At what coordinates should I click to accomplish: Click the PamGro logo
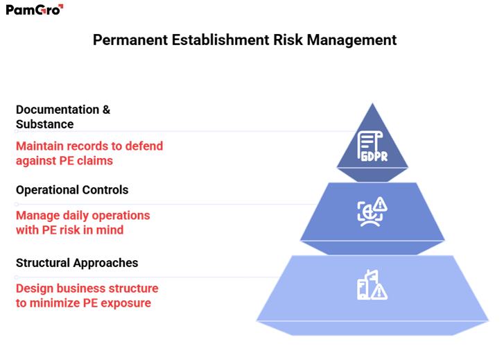click(x=35, y=10)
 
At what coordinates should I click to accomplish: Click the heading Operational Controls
click(x=72, y=189)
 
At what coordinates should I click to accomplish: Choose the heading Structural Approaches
click(x=77, y=263)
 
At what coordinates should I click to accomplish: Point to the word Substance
click(x=45, y=123)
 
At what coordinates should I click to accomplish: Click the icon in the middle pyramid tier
click(x=372, y=212)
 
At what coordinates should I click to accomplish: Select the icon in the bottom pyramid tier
click(x=372, y=286)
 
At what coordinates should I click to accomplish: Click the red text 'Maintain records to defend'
click(x=89, y=146)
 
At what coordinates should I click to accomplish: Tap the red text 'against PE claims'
click(x=64, y=160)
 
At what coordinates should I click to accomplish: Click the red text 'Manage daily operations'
click(x=82, y=216)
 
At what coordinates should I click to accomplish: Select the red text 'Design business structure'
click(x=87, y=289)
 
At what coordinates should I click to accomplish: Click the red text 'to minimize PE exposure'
click(x=83, y=302)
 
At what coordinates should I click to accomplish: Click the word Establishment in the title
click(x=215, y=40)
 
